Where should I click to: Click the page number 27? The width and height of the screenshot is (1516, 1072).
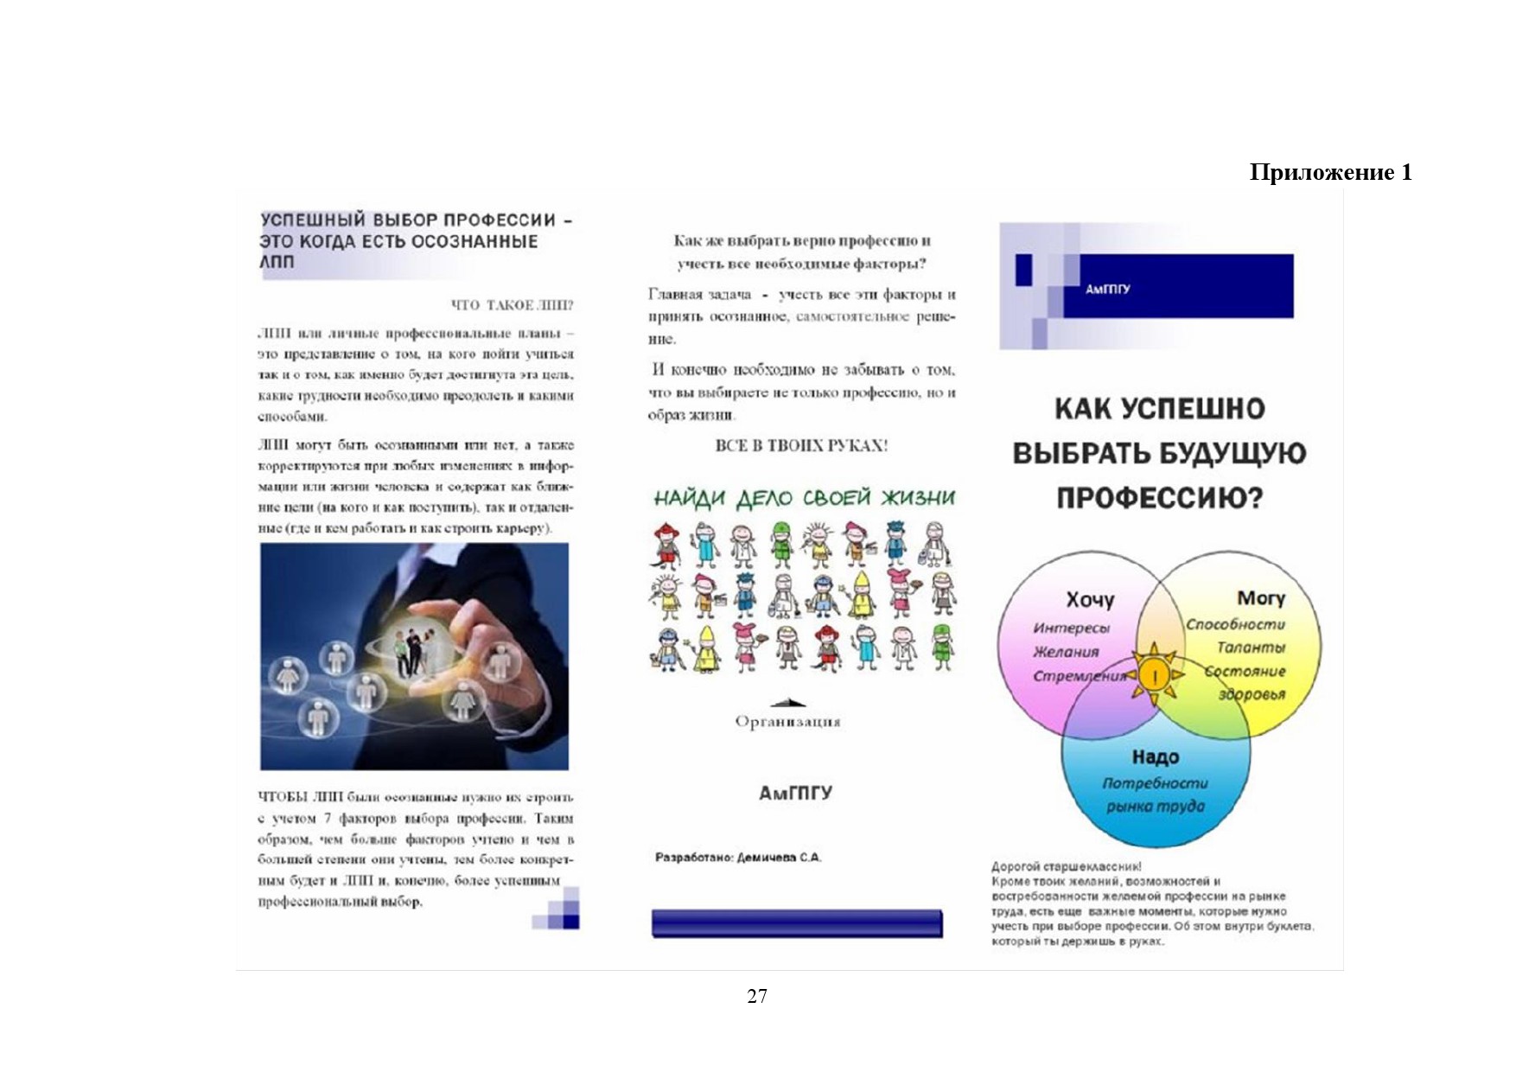[756, 996]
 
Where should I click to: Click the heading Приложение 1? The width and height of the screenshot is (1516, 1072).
[1330, 172]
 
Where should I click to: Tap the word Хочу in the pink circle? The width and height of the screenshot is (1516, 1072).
[1089, 599]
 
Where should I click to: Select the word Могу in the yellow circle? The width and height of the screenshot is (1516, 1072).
[1261, 597]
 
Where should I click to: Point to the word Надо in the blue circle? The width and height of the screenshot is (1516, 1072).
[1156, 757]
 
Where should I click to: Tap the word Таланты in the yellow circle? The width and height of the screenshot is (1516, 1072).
[1251, 648]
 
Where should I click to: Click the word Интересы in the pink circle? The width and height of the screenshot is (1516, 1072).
[1071, 628]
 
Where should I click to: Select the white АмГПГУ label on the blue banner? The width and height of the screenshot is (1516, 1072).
[1107, 290]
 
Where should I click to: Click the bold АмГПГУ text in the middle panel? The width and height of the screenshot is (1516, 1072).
[795, 793]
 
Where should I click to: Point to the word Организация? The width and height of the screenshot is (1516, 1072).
[787, 722]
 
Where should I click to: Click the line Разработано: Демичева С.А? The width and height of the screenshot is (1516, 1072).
[738, 858]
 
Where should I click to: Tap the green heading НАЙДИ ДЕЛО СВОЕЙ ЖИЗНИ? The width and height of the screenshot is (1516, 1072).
[804, 498]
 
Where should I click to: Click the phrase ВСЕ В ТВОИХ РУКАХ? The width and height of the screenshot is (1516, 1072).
[801, 446]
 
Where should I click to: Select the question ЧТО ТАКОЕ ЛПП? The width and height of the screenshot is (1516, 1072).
[512, 305]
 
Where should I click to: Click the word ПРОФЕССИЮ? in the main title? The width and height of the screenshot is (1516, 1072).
[1159, 498]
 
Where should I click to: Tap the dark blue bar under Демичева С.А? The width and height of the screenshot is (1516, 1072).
[796, 923]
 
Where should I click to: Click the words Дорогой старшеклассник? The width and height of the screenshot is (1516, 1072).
[1066, 866]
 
